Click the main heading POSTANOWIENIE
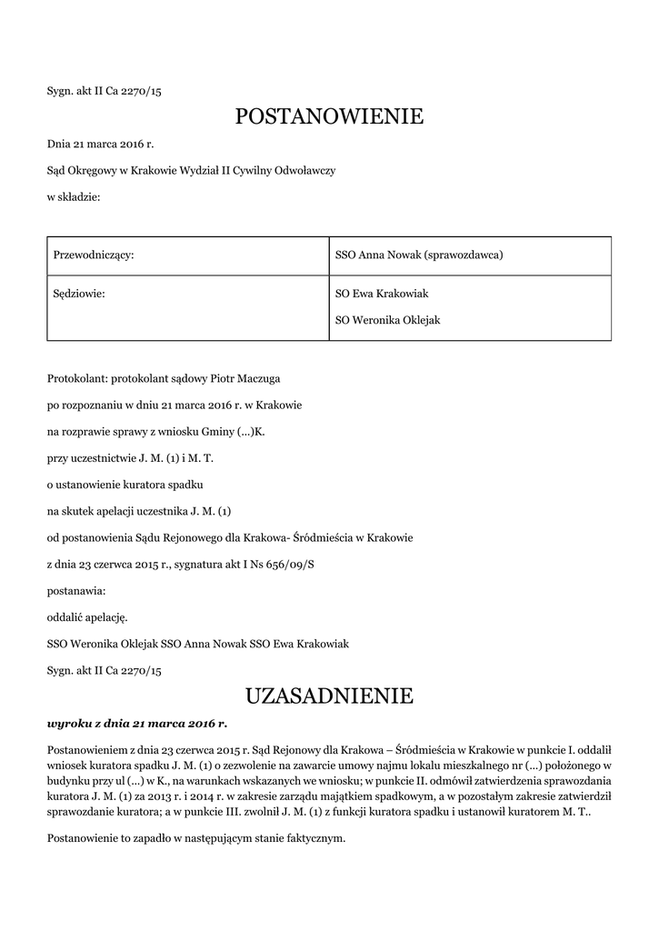(x=329, y=116)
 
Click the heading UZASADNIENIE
(x=329, y=696)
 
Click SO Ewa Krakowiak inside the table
(x=382, y=294)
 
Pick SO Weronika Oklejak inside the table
(x=387, y=320)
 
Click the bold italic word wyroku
(x=69, y=724)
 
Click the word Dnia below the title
(x=59, y=144)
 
